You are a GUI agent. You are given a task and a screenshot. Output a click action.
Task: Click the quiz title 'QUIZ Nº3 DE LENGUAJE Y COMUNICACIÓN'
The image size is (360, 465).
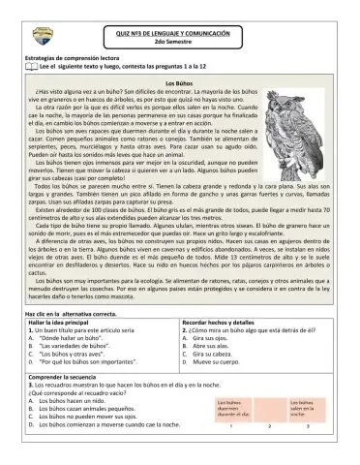180,32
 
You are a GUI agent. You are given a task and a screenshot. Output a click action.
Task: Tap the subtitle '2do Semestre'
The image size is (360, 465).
180,44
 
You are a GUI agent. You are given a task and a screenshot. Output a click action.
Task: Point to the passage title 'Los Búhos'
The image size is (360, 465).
180,83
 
